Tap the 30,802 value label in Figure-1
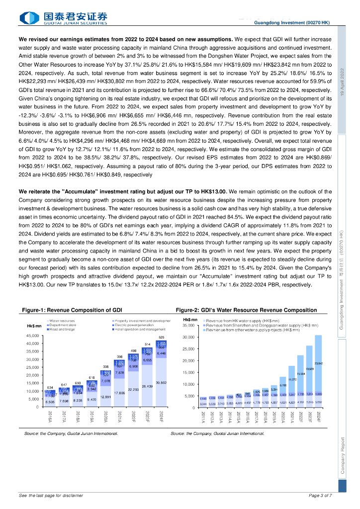click(161, 382)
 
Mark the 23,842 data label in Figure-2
click(319, 363)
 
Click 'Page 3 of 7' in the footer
click(320, 496)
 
